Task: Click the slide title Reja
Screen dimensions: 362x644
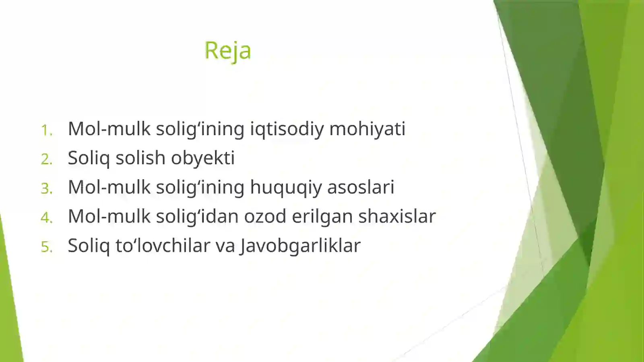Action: coord(227,51)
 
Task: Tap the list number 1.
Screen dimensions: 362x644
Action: coord(47,130)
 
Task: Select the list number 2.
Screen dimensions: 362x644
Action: coord(47,159)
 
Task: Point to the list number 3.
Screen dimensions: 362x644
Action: coord(47,188)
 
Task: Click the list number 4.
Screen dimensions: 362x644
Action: coord(47,217)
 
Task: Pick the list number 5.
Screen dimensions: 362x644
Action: coord(47,247)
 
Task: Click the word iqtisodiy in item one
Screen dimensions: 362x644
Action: coord(287,129)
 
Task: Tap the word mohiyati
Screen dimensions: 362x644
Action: coord(367,129)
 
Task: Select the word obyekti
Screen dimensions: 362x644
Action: coord(202,158)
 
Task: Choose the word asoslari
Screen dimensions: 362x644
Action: coord(361,187)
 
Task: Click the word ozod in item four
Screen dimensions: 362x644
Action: coord(265,216)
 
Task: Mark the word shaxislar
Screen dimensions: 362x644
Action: coord(397,216)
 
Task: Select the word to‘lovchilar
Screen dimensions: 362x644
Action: coord(163,246)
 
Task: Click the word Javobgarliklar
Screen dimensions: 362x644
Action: coord(300,246)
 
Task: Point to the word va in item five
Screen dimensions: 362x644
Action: coord(225,246)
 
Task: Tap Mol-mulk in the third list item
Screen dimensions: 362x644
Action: coord(109,187)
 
